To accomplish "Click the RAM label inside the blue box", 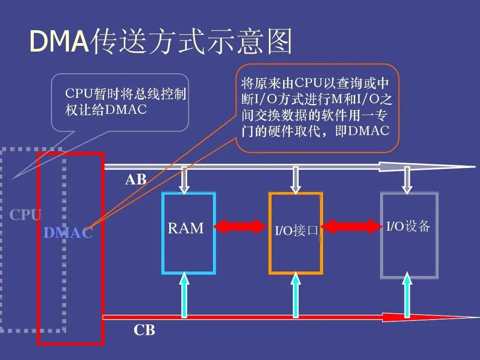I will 186,228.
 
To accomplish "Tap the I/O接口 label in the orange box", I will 295,231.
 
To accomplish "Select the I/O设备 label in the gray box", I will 408,226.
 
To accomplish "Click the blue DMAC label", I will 68,233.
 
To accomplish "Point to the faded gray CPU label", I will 25,215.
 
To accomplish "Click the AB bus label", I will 136,180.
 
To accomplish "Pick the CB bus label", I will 144,331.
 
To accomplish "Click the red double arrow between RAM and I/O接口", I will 240,226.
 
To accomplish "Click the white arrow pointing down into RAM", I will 185,180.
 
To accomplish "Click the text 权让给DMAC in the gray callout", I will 106,110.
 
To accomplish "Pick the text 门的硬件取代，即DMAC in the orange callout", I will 316,131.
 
